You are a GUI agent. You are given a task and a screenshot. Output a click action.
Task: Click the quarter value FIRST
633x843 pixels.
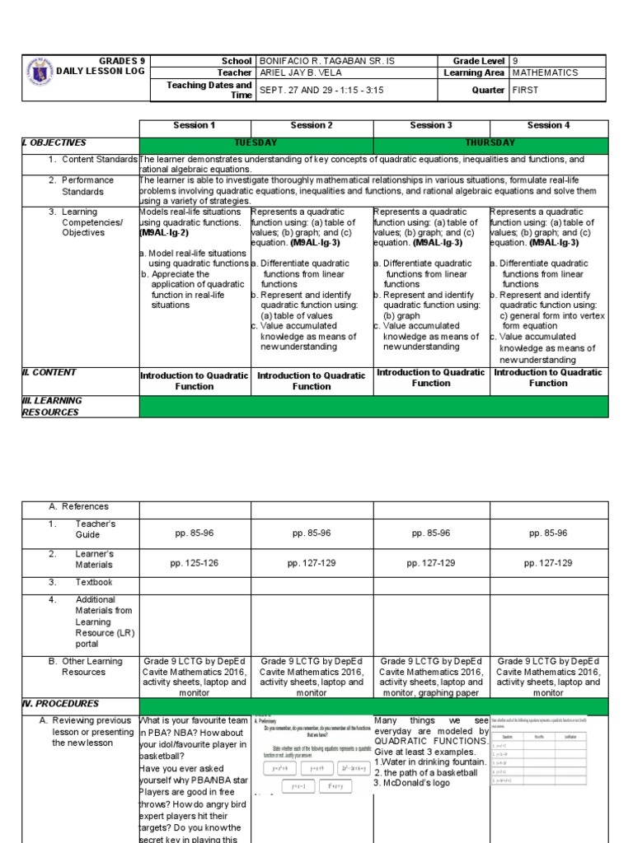(525, 90)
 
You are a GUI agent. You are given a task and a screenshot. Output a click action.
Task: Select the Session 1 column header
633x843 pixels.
(194, 125)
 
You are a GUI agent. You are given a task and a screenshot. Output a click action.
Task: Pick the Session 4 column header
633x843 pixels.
(548, 125)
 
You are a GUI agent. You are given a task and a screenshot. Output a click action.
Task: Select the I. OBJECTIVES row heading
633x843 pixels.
(54, 142)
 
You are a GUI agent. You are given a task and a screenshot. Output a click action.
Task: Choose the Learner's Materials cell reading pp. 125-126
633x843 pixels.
(194, 563)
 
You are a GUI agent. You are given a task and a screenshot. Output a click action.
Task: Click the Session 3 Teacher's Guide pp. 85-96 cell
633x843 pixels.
(431, 533)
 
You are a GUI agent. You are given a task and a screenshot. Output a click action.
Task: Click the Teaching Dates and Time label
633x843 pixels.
(209, 90)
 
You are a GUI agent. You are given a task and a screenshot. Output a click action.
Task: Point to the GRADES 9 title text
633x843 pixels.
(121, 61)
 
